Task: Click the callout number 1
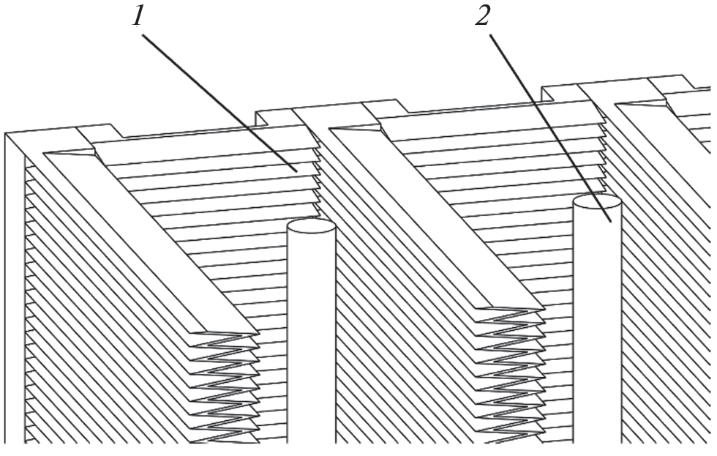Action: click(x=138, y=17)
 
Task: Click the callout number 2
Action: click(x=482, y=16)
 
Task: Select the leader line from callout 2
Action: click(x=550, y=127)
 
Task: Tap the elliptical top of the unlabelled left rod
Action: click(x=312, y=225)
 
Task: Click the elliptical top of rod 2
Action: click(x=597, y=201)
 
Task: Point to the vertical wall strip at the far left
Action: click(x=15, y=288)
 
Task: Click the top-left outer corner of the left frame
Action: click(x=6, y=133)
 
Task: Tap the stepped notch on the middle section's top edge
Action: click(x=385, y=107)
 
